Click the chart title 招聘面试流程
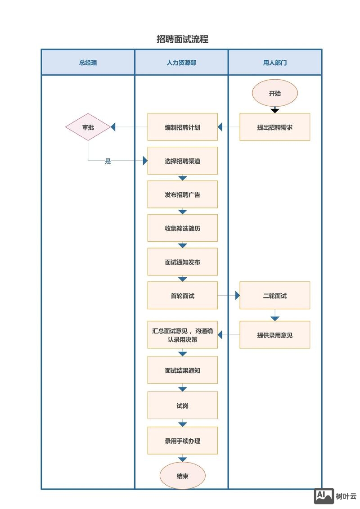[x=182, y=39]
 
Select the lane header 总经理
[x=88, y=63]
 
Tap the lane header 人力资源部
[x=181, y=63]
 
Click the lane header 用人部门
[x=275, y=63]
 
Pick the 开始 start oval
[x=275, y=94]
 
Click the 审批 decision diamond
[x=88, y=127]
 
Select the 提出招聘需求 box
[x=275, y=127]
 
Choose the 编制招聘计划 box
[x=183, y=127]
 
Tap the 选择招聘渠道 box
[x=183, y=161]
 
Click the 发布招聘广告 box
[x=183, y=195]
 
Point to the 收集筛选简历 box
[x=183, y=228]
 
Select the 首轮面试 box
[x=183, y=296]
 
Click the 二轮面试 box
[x=275, y=296]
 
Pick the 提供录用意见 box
[x=275, y=335]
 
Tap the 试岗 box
[x=183, y=405]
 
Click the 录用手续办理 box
[x=183, y=441]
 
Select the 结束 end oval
[x=183, y=476]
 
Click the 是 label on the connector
[x=108, y=161]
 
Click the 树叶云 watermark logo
[x=335, y=496]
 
